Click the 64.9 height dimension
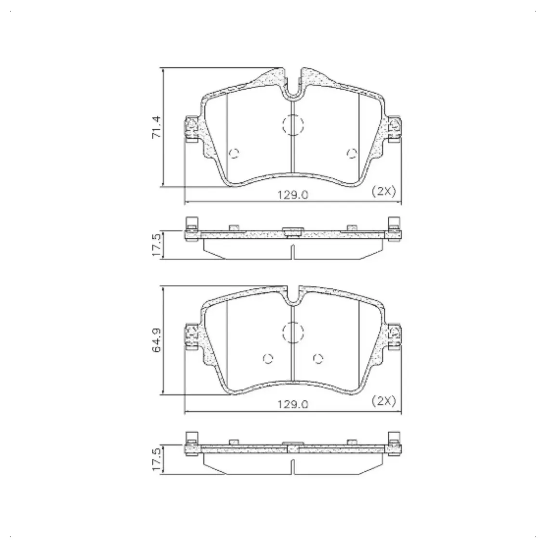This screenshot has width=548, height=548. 156,340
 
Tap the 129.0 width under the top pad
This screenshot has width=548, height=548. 293,195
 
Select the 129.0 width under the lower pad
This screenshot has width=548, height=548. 293,404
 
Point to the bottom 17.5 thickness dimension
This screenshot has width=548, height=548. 157,459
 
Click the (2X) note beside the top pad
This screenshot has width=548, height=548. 384,191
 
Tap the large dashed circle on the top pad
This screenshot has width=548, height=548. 293,125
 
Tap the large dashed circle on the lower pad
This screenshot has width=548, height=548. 293,332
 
